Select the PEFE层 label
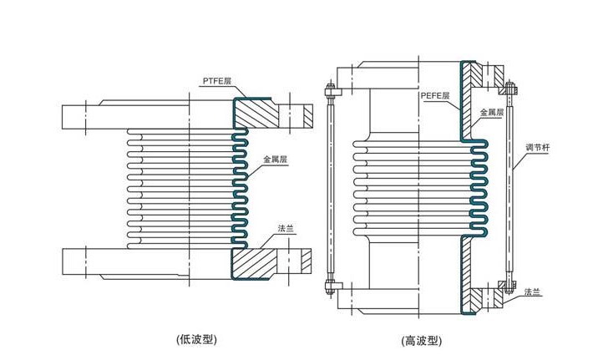point(435,96)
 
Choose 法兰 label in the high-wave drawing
point(531,291)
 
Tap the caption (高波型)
point(421,341)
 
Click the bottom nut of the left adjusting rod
point(330,289)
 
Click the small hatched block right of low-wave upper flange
point(306,114)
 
